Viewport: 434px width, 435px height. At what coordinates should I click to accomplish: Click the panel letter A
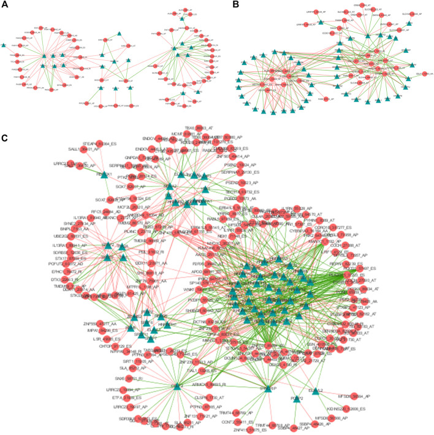[x=4, y=5]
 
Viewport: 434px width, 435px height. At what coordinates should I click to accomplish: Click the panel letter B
[x=221, y=5]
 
